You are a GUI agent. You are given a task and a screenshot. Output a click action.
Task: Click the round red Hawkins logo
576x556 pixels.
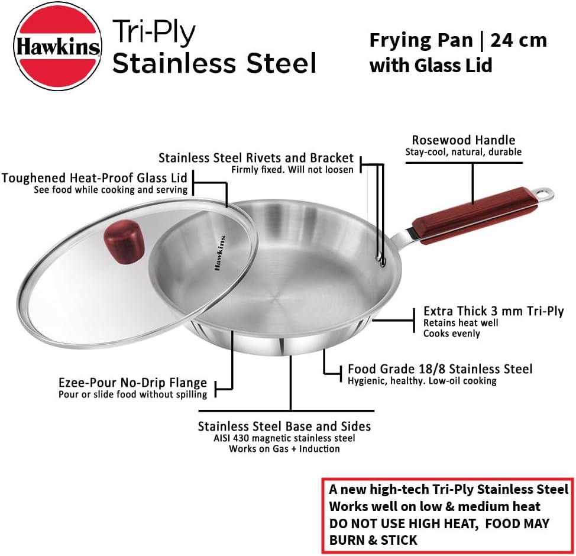(x=58, y=46)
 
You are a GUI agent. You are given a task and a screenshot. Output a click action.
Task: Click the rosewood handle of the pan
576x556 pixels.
(x=473, y=215)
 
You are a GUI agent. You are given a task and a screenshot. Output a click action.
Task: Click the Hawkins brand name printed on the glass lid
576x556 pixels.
(x=219, y=254)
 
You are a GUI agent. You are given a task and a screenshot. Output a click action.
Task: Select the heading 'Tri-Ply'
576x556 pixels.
(x=154, y=31)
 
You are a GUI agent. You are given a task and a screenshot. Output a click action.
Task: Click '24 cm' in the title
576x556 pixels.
(x=519, y=40)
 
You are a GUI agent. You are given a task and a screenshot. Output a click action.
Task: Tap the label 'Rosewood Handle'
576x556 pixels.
(x=463, y=140)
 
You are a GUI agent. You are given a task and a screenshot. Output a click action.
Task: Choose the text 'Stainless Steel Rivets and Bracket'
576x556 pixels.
(x=255, y=158)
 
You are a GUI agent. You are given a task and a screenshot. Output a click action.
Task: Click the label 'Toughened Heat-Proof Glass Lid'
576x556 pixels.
(x=95, y=178)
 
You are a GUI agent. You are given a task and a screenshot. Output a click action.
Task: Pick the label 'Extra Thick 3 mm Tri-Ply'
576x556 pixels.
(x=493, y=311)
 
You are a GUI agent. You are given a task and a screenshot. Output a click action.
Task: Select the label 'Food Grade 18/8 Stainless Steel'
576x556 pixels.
(x=440, y=369)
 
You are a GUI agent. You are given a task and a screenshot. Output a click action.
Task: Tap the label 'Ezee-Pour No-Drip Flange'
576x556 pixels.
(x=132, y=383)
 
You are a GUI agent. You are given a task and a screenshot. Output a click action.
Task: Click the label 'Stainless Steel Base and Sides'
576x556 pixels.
(x=284, y=426)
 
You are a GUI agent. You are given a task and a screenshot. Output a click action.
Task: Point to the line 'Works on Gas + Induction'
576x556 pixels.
(x=284, y=449)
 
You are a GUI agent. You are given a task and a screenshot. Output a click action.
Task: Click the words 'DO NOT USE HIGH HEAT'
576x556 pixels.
(x=403, y=523)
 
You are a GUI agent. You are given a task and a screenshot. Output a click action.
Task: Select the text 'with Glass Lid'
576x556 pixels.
(x=431, y=66)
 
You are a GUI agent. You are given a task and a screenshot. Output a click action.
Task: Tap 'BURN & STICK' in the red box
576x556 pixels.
(x=373, y=540)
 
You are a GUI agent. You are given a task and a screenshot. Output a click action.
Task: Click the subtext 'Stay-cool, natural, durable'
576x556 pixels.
(x=463, y=152)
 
